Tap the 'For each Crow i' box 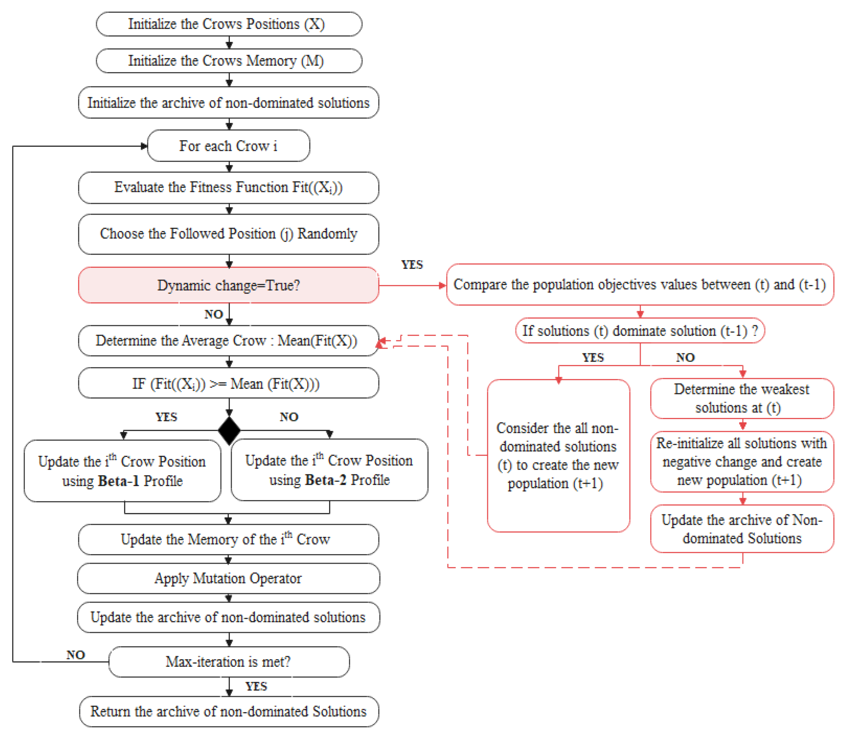[228, 146]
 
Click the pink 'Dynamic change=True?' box [228, 285]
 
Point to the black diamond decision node [229, 430]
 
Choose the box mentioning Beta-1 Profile [123, 471]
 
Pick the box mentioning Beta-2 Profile [329, 470]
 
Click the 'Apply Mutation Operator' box [228, 578]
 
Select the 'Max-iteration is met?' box [229, 662]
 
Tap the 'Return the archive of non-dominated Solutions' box [229, 711]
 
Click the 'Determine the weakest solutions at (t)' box [742, 398]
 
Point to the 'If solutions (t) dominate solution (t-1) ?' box [640, 331]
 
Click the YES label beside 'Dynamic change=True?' [412, 265]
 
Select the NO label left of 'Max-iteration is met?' [75, 655]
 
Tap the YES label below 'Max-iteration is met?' [256, 686]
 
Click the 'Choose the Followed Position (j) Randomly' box [228, 234]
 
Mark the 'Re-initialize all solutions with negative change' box [742, 462]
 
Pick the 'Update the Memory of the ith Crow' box [228, 539]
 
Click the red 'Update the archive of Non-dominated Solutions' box [742, 529]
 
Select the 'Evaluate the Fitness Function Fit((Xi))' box [228, 188]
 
